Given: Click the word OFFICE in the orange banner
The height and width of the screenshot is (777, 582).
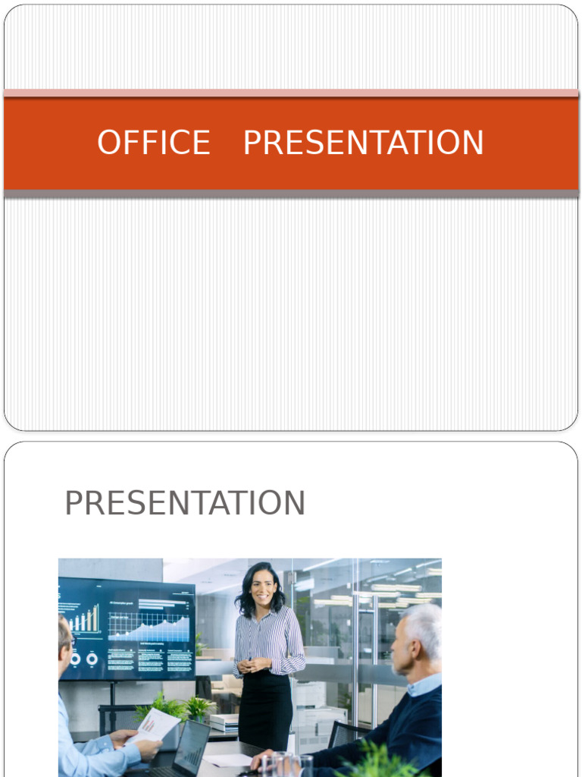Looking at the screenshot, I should pos(154,143).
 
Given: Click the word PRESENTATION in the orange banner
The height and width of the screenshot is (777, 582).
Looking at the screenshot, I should pos(363,143).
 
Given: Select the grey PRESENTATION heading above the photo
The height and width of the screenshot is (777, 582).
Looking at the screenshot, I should pos(185,503).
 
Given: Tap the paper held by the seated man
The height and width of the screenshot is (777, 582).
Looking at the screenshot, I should pos(157,725).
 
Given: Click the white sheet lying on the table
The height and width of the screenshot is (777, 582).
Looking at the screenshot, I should pos(228,760).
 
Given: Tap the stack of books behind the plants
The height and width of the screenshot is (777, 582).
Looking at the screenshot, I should pos(224,722).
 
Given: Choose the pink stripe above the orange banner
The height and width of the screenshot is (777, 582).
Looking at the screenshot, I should pos(291,93).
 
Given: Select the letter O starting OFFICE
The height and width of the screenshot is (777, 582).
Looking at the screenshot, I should pos(111,143).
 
